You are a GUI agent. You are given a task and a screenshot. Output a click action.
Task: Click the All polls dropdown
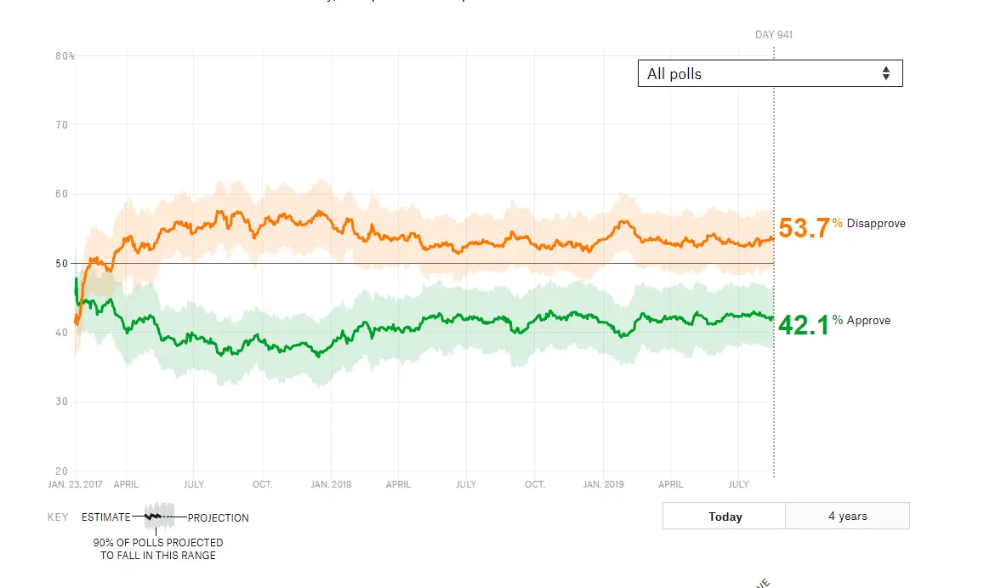pos(769,73)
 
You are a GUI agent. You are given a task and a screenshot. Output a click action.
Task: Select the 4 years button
pos(847,516)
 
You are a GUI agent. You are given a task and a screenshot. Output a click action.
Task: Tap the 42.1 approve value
pos(803,324)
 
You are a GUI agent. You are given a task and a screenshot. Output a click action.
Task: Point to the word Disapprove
pos(876,224)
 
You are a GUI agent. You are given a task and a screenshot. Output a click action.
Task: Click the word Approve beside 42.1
pos(868,321)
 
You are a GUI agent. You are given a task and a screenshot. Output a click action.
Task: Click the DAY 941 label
pos(774,35)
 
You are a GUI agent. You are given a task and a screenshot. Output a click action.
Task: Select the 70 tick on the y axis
pos(62,125)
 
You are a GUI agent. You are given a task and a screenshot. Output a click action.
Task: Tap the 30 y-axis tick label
pos(62,402)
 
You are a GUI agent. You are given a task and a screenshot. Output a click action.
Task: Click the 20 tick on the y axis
pos(62,471)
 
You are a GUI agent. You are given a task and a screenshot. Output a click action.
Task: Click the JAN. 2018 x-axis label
pos(331,484)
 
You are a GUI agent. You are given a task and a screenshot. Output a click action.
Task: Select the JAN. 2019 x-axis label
pos(603,484)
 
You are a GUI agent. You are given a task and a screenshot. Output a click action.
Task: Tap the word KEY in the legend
pos(58,517)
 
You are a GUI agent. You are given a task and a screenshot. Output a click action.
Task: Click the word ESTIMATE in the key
pos(106,517)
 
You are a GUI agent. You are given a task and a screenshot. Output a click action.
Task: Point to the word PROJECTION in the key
pos(219,517)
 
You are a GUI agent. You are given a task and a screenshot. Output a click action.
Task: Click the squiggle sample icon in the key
pos(158,516)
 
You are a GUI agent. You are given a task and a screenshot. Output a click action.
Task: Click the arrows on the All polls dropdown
pos(885,73)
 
